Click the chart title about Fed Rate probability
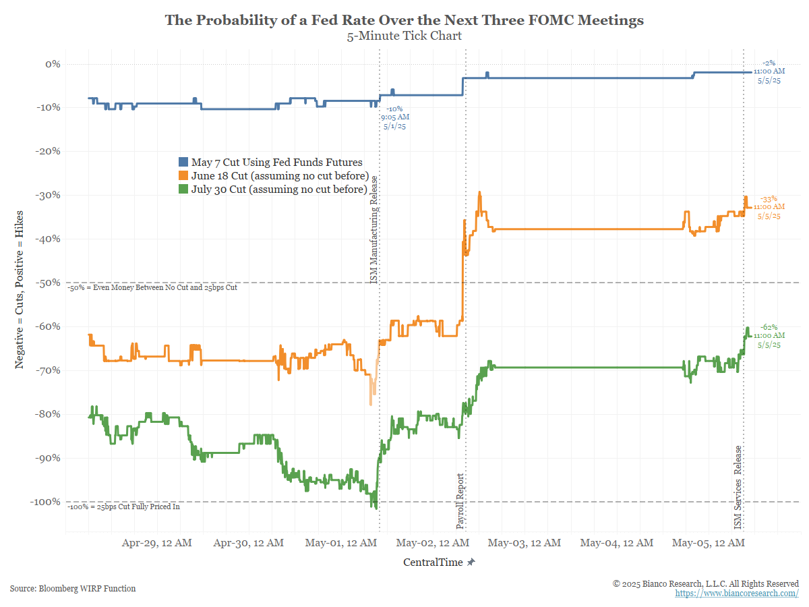click(404, 20)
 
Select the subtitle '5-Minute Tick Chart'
click(404, 36)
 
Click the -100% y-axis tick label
click(45, 502)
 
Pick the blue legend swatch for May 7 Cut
click(183, 162)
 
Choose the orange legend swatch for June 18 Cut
click(183, 175)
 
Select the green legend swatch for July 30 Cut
click(183, 189)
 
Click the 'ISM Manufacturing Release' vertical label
click(373, 229)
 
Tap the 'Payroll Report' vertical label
click(460, 501)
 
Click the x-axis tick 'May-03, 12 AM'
click(525, 543)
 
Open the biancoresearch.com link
click(737, 593)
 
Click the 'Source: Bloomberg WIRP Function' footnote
click(73, 588)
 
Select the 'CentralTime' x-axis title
click(433, 562)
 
